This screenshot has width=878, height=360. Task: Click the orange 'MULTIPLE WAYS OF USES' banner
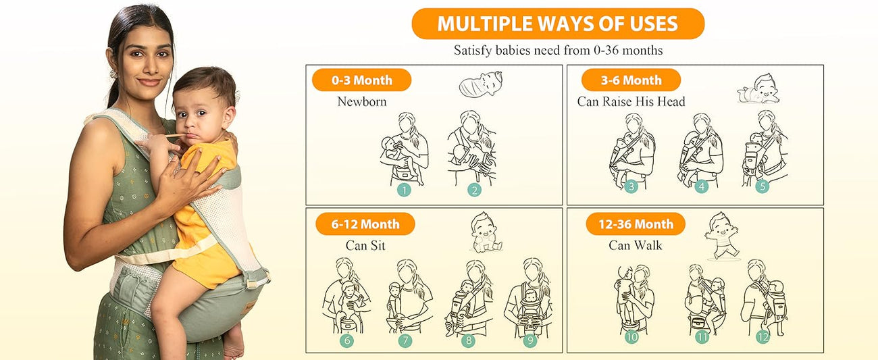click(x=558, y=24)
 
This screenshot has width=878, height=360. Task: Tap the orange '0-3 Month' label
click(x=361, y=80)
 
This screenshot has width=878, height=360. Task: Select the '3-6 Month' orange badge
click(x=631, y=80)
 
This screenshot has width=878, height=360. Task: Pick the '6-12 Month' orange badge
click(x=365, y=224)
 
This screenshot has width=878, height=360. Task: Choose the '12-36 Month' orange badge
click(x=636, y=224)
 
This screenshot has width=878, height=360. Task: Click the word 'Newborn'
click(x=362, y=101)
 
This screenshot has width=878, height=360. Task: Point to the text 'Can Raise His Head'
click(x=631, y=101)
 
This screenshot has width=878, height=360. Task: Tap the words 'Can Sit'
click(x=365, y=245)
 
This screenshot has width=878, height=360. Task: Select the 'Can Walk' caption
click(x=636, y=245)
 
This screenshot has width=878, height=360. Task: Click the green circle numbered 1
click(x=404, y=190)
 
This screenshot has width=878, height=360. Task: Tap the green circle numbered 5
click(x=763, y=186)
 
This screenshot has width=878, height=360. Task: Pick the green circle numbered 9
click(x=530, y=340)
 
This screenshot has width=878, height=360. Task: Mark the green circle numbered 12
click(x=763, y=337)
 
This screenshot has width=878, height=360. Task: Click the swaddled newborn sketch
click(x=481, y=84)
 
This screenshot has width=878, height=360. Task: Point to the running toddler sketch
click(x=722, y=236)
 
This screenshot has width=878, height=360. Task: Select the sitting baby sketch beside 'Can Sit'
click(x=485, y=232)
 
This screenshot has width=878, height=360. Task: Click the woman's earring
click(x=113, y=74)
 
